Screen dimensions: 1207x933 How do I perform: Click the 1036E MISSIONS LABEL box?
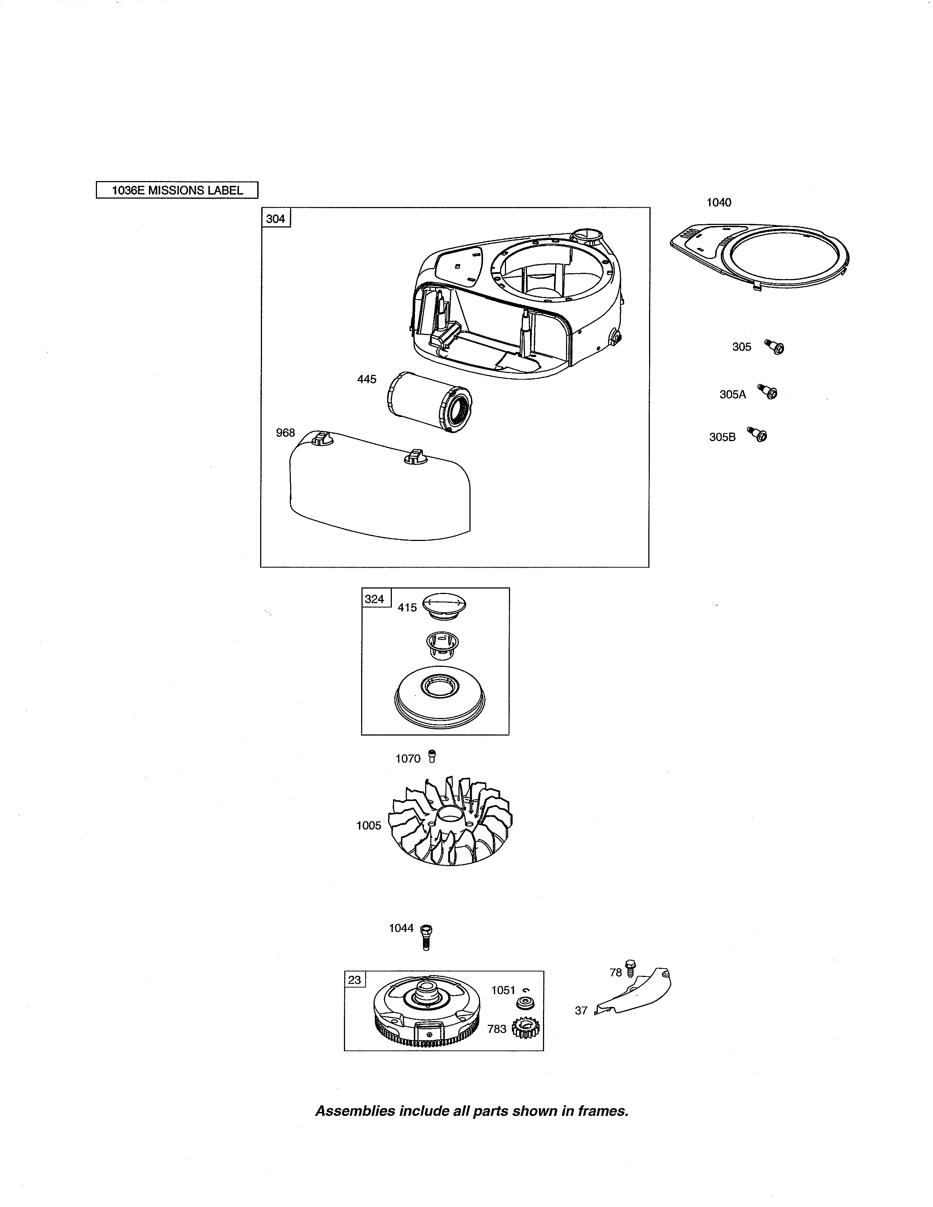click(177, 190)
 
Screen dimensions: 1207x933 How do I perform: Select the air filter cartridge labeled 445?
click(429, 401)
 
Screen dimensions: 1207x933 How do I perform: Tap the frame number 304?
click(275, 219)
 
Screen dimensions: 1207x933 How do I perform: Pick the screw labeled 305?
click(775, 346)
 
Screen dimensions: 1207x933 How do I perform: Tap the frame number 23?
click(354, 980)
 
